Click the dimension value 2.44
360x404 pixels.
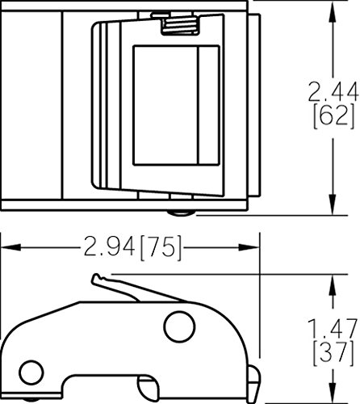(333, 92)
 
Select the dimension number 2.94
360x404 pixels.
(109, 246)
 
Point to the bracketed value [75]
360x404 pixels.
(161, 247)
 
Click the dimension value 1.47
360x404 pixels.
(333, 328)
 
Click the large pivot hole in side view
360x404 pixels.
(179, 326)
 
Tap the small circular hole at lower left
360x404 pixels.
(31, 372)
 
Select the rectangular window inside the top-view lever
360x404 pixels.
(176, 105)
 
